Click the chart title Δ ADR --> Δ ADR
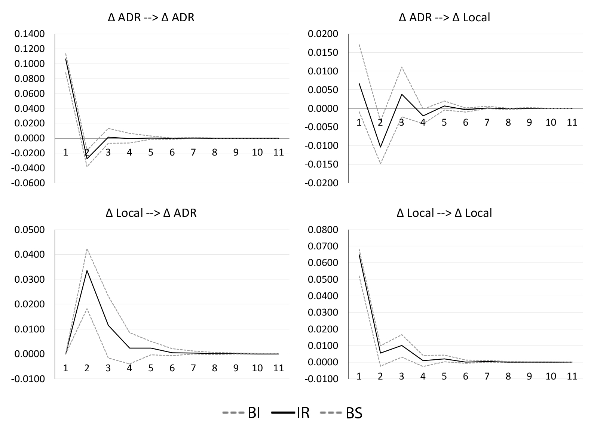(151, 18)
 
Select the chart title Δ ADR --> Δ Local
(444, 18)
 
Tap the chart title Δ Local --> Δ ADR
(151, 213)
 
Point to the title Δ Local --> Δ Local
(444, 213)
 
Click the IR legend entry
(291, 413)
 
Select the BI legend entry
(241, 413)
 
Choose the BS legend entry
(341, 413)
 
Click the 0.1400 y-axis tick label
(29, 34)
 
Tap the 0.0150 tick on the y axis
(323, 53)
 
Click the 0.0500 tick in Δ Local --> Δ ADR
(29, 230)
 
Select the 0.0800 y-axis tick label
(323, 230)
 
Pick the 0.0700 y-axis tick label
(323, 246)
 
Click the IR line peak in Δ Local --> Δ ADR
(87, 270)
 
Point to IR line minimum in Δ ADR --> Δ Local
(380, 147)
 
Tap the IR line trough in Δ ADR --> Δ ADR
(87, 159)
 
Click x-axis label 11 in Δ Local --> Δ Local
(572, 376)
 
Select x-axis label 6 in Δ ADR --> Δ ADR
(172, 152)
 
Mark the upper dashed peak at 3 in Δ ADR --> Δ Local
(402, 67)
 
